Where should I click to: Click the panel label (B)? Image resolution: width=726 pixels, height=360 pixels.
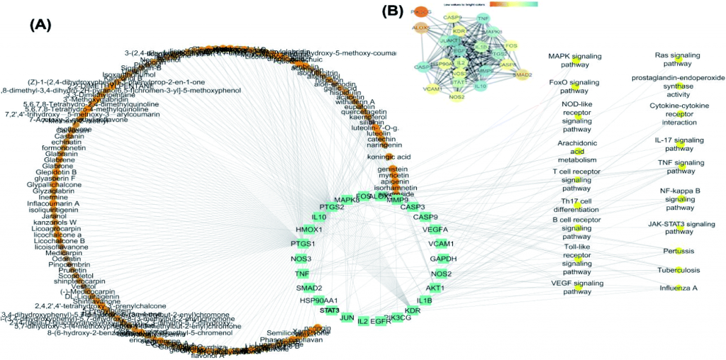click(x=393, y=11)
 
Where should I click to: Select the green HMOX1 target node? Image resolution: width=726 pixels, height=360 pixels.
click(x=310, y=230)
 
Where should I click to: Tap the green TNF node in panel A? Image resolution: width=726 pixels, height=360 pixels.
click(x=302, y=274)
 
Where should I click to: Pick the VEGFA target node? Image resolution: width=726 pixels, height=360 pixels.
click(x=435, y=230)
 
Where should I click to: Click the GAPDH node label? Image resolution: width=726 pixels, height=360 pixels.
click(x=443, y=259)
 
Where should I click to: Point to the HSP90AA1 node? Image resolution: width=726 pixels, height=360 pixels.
click(x=319, y=300)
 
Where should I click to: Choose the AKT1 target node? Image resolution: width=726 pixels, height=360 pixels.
click(x=435, y=288)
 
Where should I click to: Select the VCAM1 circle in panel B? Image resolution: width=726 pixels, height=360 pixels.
click(x=433, y=90)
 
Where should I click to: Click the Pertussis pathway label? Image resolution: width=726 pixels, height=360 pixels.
click(x=678, y=251)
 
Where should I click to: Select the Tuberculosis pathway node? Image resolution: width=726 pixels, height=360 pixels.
click(x=678, y=269)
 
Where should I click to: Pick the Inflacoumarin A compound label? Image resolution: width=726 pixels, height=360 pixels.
click(x=53, y=203)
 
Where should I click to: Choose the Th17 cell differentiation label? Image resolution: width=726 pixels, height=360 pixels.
click(x=576, y=206)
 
